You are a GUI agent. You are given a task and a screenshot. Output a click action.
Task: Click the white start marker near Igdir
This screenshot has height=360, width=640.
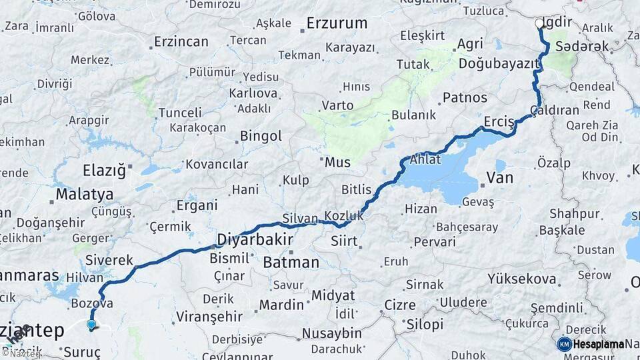point(539,23)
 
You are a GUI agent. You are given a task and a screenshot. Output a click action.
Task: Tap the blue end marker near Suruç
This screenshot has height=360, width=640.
point(91,325)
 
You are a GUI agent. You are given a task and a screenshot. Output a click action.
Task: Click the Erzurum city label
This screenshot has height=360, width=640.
point(337,23)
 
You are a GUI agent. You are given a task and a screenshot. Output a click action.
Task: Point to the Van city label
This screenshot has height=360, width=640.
point(500,177)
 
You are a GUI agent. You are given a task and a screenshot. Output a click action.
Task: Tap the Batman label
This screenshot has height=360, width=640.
point(291,262)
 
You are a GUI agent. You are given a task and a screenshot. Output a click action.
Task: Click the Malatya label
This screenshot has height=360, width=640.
point(85,195)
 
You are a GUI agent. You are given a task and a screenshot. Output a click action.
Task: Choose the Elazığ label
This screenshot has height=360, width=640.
point(104,170)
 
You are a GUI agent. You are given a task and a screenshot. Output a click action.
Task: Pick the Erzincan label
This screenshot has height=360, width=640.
point(181,41)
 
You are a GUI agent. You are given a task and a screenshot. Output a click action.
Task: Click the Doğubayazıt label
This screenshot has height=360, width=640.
point(498,64)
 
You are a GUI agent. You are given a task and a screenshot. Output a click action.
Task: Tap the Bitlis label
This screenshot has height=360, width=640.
point(356,190)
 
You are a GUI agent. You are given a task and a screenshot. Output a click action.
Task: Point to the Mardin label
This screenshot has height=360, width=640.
point(281,305)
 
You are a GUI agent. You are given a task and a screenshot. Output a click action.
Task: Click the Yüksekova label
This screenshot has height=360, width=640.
point(522,279)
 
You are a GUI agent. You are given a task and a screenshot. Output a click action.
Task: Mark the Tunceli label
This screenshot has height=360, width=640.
point(180,113)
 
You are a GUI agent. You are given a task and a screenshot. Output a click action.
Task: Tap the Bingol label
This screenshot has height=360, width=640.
point(261,137)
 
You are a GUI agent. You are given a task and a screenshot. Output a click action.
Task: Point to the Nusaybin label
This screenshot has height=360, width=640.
point(332,333)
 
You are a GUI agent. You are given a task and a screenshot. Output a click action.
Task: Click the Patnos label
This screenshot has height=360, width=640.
point(465,97)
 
